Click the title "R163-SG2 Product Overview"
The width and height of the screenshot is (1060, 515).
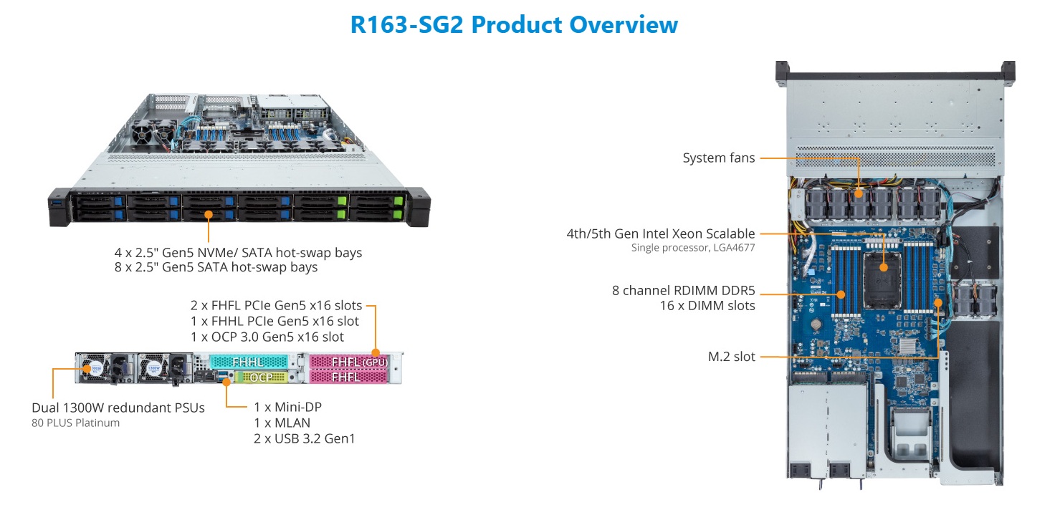514,24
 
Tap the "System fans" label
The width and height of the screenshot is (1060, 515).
718,158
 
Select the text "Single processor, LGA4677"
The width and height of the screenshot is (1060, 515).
693,248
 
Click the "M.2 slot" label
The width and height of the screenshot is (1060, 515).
731,357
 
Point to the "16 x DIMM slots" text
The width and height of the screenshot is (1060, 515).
707,306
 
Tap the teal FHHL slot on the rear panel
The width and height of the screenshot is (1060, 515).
249,362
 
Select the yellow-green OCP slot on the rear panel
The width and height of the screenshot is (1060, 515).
261,377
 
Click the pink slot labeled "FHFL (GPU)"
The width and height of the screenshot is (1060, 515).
349,362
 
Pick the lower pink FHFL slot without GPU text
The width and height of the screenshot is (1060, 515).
349,377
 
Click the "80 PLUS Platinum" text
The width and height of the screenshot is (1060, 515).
76,423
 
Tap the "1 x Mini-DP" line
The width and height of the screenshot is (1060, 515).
287,407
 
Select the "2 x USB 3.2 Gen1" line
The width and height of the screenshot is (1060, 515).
305,438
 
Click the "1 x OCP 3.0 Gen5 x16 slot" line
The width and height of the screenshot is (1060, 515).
267,337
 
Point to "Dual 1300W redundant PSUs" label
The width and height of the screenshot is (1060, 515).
118,408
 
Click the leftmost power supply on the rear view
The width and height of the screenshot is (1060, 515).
105,368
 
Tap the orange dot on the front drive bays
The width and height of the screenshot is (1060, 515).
209,215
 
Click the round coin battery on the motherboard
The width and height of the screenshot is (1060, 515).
816,324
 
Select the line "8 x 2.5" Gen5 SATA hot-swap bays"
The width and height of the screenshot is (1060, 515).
216,267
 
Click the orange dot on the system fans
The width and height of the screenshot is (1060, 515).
859,193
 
